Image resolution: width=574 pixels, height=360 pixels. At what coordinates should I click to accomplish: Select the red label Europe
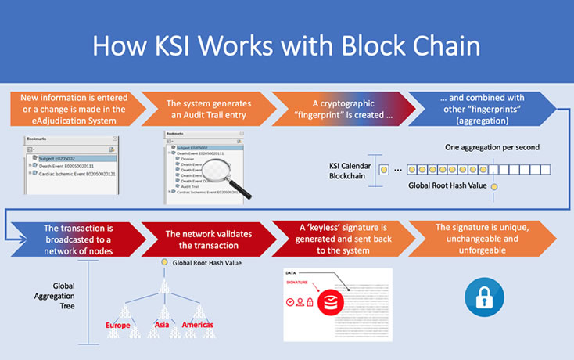coord(123,325)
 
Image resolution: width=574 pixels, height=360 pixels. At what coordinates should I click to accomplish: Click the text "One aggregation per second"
coord(493,146)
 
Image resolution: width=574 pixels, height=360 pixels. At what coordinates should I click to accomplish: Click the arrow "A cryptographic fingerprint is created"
coord(340,109)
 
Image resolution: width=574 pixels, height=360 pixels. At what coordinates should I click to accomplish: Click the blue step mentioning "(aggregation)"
coord(485,109)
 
